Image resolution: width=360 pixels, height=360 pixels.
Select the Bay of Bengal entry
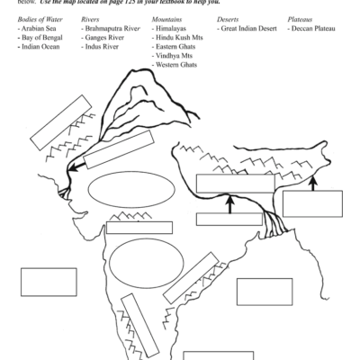coord(41,38)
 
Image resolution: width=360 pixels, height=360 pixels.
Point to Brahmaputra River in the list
coord(111,29)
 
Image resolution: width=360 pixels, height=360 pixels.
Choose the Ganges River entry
coord(104,38)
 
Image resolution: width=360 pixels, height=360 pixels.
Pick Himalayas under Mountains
coord(174,29)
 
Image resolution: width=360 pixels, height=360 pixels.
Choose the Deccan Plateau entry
coord(312,29)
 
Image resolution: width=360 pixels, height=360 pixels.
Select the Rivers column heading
coord(91,19)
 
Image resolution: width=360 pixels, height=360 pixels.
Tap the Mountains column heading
coord(168,19)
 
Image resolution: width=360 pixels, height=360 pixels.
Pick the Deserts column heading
coord(229,19)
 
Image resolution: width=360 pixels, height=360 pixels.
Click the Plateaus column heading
coord(301,19)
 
